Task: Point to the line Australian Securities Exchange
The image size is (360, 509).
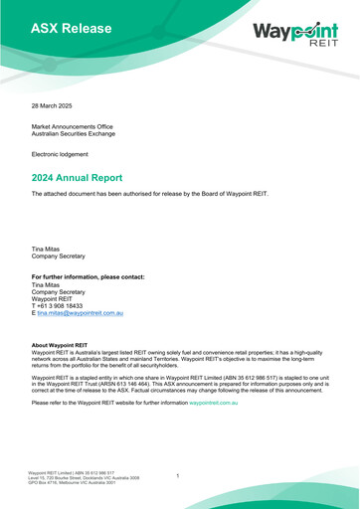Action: pos(80,134)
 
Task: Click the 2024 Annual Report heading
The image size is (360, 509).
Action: pos(89,176)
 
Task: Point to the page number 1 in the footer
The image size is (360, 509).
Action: pos(177,476)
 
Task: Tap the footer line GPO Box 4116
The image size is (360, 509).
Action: pos(78,483)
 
